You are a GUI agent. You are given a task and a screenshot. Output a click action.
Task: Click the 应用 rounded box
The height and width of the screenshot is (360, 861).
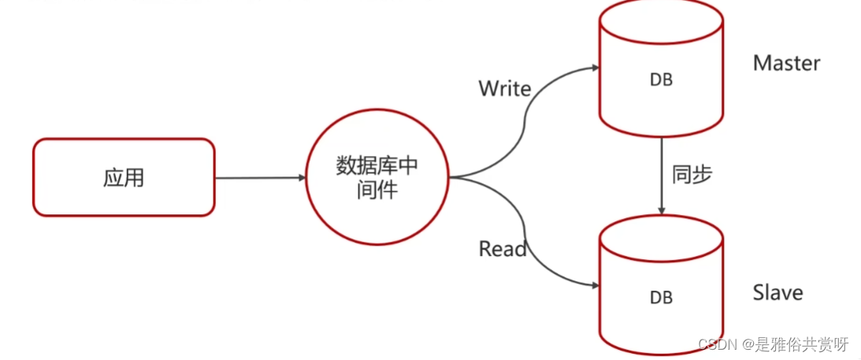(124, 177)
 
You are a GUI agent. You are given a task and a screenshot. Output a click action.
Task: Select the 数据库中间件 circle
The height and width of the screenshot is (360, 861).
(376, 177)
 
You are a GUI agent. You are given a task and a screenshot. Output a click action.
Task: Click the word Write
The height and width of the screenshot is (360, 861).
(505, 89)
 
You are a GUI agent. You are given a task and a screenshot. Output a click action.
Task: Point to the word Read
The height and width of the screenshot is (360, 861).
(502, 249)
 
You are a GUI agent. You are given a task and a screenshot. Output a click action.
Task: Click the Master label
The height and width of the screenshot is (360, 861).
(786, 63)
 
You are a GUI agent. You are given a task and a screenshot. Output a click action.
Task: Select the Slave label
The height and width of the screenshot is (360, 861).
(777, 293)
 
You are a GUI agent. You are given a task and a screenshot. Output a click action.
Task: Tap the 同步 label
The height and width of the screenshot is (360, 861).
(692, 175)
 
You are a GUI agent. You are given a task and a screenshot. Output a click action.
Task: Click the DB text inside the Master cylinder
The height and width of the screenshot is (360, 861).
(661, 80)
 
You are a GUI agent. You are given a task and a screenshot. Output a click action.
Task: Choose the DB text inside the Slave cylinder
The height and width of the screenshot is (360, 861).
(661, 298)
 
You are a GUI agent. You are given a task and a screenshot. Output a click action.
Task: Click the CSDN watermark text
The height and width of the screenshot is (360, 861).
(714, 344)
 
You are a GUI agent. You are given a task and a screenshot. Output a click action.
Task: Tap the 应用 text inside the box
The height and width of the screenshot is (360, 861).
(124, 177)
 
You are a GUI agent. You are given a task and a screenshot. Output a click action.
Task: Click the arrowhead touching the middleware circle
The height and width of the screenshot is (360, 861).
(300, 178)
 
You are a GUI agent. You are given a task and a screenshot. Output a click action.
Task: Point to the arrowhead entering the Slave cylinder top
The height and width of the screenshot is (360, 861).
(661, 210)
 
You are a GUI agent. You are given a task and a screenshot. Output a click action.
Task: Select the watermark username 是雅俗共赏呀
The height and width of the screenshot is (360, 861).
(801, 344)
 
